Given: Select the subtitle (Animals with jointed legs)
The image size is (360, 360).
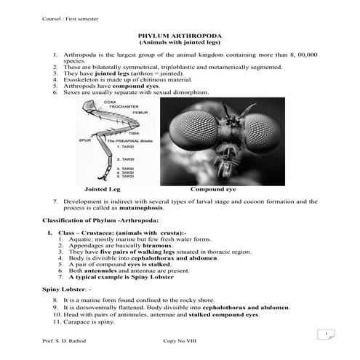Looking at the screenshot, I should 180,44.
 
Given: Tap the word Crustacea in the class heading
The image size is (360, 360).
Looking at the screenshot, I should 105,233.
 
